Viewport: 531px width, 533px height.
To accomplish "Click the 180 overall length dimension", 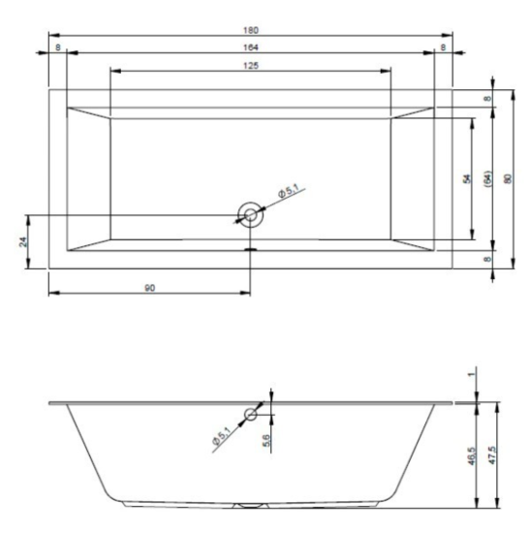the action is [x=251, y=30].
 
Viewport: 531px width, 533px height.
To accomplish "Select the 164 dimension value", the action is [x=251, y=47].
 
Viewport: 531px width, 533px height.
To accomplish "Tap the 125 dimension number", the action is [x=251, y=65].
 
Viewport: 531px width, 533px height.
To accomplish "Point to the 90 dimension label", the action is [x=149, y=288].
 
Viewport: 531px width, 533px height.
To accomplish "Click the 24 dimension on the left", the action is [x=23, y=241].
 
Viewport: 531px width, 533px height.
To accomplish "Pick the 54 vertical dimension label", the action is [x=467, y=179].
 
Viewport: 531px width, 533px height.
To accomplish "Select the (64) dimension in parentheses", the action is [x=487, y=178].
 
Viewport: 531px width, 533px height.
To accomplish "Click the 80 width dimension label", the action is [x=508, y=179].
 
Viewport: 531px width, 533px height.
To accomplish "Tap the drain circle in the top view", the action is [x=251, y=214].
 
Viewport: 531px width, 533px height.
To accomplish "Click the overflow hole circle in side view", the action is [x=251, y=415].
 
